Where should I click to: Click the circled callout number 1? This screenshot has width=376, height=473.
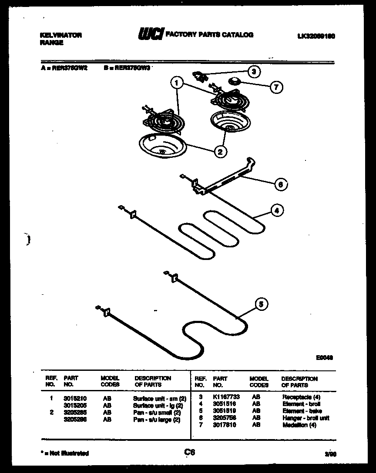(177, 81)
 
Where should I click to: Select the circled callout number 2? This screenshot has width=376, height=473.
(221, 151)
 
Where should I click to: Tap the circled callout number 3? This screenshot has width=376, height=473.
(254, 71)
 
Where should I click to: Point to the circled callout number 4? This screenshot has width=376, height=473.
(275, 211)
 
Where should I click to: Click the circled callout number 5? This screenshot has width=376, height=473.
(261, 304)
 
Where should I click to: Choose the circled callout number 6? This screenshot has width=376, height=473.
(281, 185)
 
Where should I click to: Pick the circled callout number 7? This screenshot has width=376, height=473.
(275, 87)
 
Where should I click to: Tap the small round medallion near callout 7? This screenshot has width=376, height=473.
(235, 80)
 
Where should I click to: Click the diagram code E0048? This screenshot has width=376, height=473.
(324, 358)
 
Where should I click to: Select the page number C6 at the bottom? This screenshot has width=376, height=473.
(189, 453)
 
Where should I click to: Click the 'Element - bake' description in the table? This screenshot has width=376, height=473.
(302, 411)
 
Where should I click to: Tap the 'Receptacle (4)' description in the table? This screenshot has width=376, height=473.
(302, 397)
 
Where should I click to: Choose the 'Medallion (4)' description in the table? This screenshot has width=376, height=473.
(299, 425)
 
